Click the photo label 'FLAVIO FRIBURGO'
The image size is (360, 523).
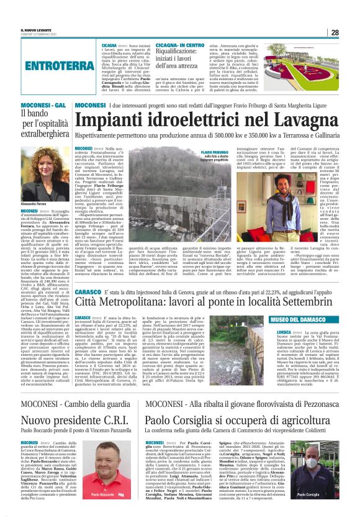[x=215, y=152]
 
